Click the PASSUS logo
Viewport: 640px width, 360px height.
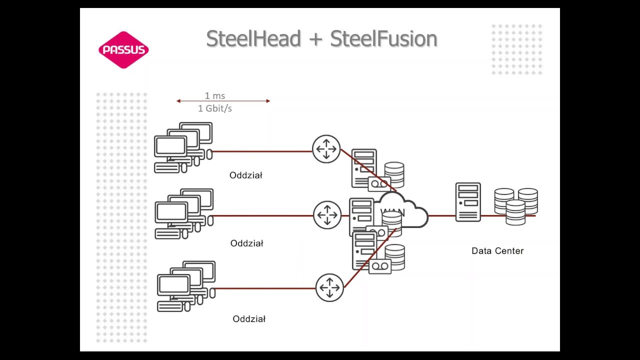click(x=123, y=49)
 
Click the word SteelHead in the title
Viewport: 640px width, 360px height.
click(x=253, y=39)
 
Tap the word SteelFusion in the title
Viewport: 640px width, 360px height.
click(x=383, y=39)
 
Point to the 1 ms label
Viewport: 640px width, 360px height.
click(x=215, y=95)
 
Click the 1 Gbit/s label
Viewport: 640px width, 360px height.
click(x=215, y=108)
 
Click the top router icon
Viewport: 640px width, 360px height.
click(x=326, y=148)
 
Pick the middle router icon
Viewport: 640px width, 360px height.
click(x=327, y=215)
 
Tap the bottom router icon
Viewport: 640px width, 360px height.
click(x=329, y=287)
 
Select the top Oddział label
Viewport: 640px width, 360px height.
click(x=245, y=175)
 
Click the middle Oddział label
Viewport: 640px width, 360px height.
click(x=246, y=243)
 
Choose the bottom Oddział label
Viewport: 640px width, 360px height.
click(x=249, y=318)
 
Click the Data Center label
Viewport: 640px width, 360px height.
click(x=497, y=250)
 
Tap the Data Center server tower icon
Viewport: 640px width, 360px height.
click(x=468, y=202)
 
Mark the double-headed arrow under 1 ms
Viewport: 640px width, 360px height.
click(x=223, y=101)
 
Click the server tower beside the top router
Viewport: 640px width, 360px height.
click(x=363, y=167)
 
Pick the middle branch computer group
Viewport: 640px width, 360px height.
click(x=184, y=214)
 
